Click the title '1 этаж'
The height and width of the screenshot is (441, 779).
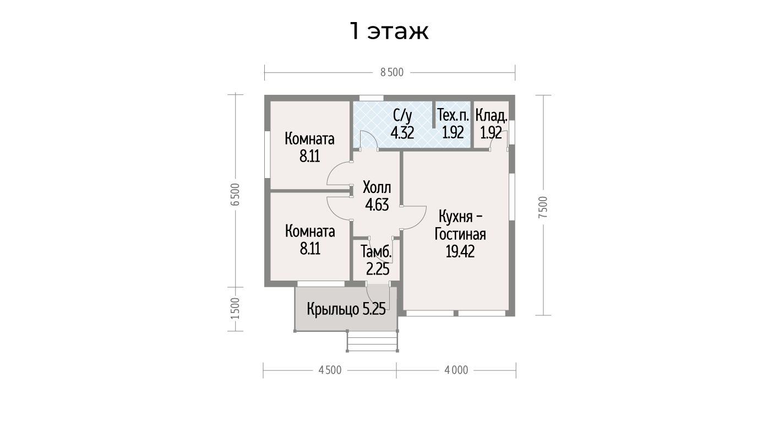pos(389,31)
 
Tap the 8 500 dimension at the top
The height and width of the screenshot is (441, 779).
pos(392,72)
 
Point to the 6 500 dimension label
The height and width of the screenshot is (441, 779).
pos(235,195)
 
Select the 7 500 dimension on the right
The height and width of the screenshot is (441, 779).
pos(543,207)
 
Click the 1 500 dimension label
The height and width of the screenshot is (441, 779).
pos(235,308)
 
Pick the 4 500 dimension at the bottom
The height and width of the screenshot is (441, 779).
pos(330,370)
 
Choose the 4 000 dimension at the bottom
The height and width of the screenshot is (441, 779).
pos(456,370)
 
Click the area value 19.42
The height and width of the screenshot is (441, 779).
pos(460,251)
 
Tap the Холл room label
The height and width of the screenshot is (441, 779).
pos(377,188)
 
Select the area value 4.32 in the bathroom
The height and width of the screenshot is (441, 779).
pos(402,133)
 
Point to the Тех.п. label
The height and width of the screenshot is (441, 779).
pos(453,115)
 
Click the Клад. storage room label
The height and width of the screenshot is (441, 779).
pos(492,116)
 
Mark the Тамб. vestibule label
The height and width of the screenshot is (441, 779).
pos(376,251)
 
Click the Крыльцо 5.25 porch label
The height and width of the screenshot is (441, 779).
pos(346,309)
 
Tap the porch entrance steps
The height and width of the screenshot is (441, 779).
pos(373,341)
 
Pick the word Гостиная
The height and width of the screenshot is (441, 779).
pos(460,234)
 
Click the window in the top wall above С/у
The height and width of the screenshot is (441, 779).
pos(372,98)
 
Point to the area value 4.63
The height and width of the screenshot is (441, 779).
pos(377,205)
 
